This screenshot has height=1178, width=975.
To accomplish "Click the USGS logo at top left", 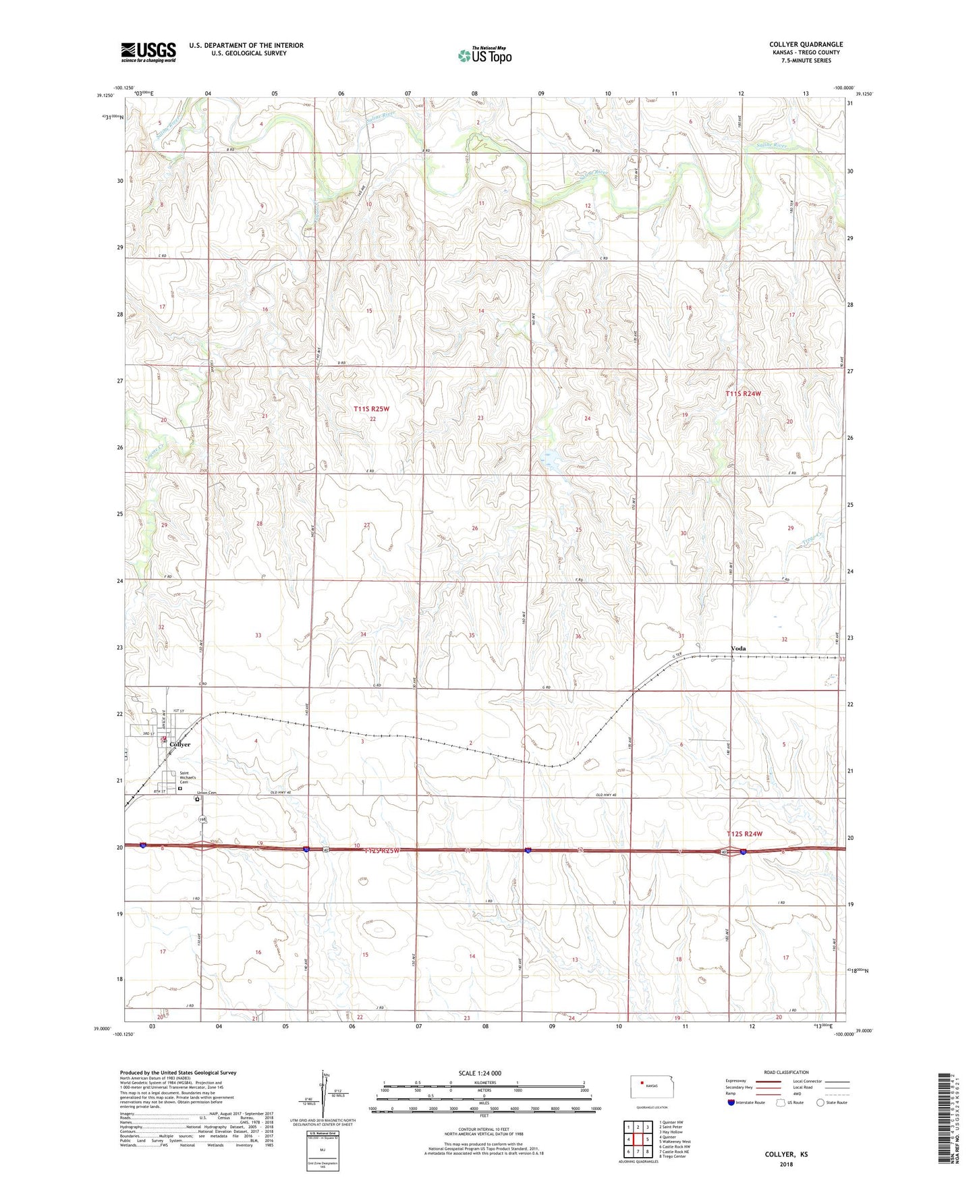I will (148, 52).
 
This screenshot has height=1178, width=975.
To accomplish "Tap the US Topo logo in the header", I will (484, 55).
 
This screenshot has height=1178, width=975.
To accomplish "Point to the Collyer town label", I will (180, 744).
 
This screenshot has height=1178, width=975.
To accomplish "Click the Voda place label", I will (738, 648).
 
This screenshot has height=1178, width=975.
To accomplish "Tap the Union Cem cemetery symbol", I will (197, 800).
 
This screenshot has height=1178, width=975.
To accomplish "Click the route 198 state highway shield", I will (201, 819).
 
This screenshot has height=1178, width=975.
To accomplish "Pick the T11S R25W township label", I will (372, 409).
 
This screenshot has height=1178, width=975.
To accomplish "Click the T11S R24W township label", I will (743, 393).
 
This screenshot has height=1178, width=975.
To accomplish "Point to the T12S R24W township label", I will (744, 834).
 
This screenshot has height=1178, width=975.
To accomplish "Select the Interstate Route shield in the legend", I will (732, 1102).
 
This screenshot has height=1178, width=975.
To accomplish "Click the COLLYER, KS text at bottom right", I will (786, 1154).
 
